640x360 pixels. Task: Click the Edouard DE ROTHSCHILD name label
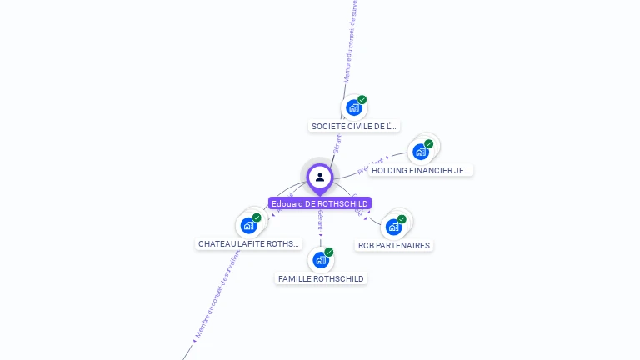[x=320, y=203]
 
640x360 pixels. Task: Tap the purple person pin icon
[x=320, y=177]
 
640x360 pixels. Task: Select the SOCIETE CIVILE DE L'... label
[x=354, y=127]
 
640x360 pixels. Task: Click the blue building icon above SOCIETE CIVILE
[x=353, y=107]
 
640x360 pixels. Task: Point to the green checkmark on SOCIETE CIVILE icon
[x=362, y=100]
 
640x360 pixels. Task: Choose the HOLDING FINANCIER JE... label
[x=421, y=170]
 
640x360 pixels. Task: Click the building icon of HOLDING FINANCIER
[x=421, y=152]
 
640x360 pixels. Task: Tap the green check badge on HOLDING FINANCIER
[x=429, y=143]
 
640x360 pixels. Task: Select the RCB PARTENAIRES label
[x=394, y=246]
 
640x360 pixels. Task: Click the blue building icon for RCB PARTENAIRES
[x=393, y=227]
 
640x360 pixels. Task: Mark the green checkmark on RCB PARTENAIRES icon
[x=402, y=219]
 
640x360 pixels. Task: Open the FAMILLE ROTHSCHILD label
[x=321, y=279]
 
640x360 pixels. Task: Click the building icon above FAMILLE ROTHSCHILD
[x=320, y=260]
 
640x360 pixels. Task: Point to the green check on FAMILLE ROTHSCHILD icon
[x=329, y=252]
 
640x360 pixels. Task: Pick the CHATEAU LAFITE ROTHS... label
[x=248, y=244]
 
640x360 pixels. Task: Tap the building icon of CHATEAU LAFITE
[x=248, y=226]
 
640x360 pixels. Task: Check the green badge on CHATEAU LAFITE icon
[x=257, y=217]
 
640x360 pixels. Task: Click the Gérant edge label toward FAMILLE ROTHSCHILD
[x=320, y=221]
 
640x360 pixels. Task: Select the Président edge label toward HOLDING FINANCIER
[x=370, y=165]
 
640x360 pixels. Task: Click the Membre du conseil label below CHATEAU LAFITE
[x=217, y=296]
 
